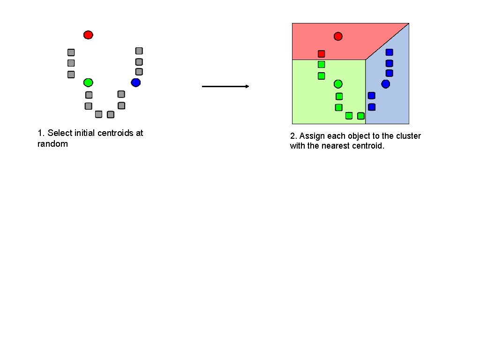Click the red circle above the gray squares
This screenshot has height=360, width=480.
point(88,35)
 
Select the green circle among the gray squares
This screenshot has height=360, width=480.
point(88,82)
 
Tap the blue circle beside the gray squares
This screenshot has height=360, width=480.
point(136,82)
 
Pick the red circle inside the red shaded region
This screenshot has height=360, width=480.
point(338,36)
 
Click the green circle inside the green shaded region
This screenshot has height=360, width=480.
point(338,84)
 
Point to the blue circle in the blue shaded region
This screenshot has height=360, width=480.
point(386,84)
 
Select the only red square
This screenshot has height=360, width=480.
point(322,54)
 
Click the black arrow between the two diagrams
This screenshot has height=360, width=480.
point(225,86)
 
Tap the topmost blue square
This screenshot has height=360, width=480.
point(390,52)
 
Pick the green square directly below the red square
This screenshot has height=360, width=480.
point(322,65)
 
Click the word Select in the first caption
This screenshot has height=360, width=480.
point(60,133)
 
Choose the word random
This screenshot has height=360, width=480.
point(52,144)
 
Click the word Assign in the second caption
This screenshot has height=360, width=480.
point(311,136)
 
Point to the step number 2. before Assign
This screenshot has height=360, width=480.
point(293,136)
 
